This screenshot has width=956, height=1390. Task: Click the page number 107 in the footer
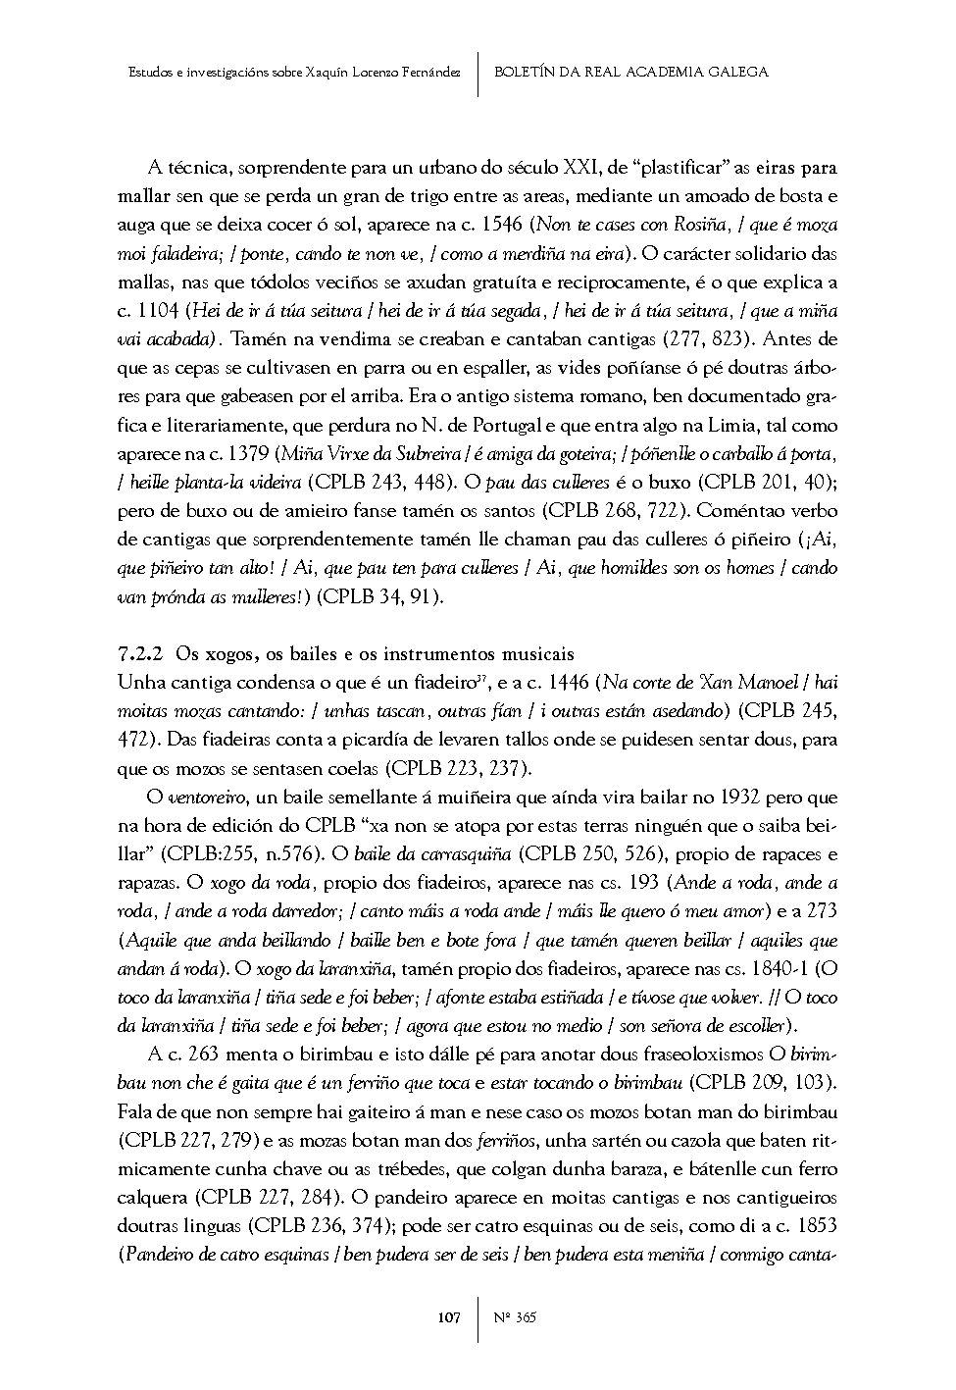(448, 1317)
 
